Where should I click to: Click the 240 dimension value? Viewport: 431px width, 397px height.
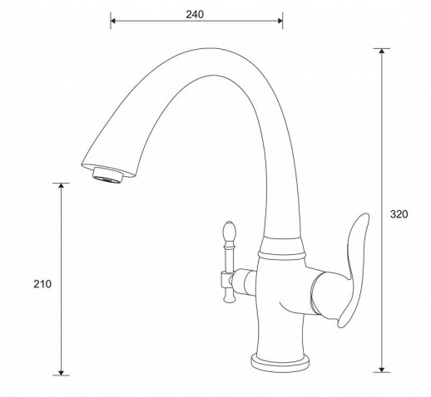195,14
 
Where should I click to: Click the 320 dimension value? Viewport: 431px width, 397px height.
399,214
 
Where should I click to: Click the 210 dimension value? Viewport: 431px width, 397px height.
42,284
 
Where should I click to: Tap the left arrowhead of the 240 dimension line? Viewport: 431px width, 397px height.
113,21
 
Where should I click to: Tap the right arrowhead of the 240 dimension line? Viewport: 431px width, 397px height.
280,21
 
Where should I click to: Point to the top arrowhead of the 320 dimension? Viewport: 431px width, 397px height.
382,51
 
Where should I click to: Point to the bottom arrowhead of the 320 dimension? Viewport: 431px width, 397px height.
382,370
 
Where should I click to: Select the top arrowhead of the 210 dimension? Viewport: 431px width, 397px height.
61,185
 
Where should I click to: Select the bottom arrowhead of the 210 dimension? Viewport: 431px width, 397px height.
61,373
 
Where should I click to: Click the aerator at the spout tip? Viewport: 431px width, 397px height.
107,175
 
